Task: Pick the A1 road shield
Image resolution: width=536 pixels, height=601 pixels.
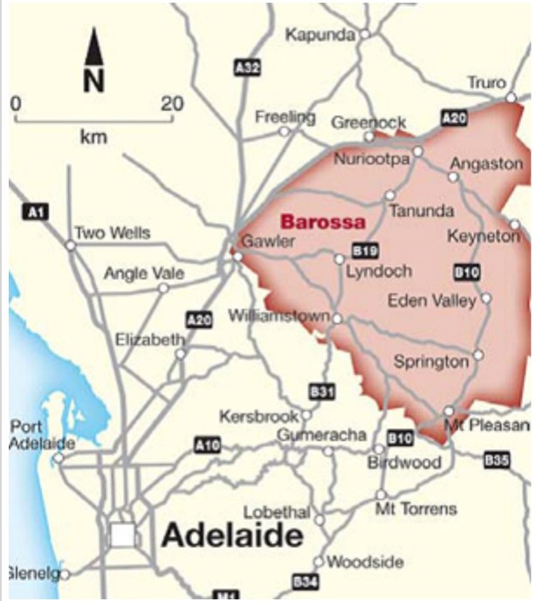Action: pyautogui.click(x=35, y=212)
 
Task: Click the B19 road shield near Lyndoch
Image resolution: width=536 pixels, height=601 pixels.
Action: pyautogui.click(x=363, y=251)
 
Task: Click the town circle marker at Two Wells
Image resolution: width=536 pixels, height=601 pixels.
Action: pyautogui.click(x=70, y=245)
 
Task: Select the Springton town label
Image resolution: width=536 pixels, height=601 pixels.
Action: pyautogui.click(x=430, y=361)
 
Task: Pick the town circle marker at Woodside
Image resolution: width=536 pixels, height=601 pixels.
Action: pyautogui.click(x=320, y=562)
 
